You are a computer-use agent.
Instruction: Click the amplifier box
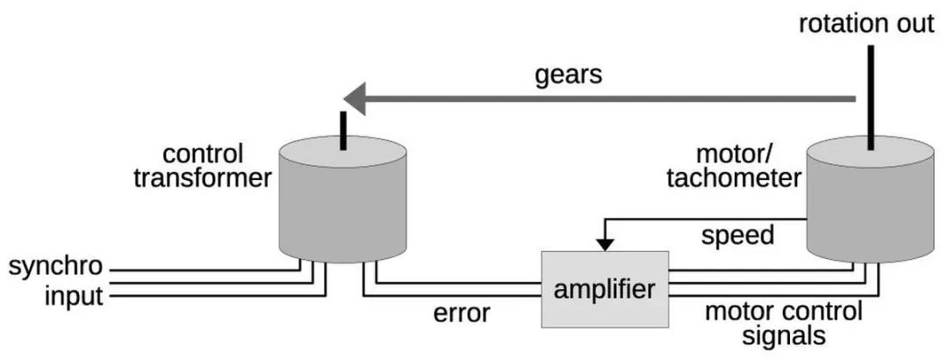pos(605,289)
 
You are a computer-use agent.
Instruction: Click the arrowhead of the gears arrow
pos(355,98)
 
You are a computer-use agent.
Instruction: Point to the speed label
pos(737,236)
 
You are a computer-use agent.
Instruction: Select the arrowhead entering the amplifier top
pos(605,244)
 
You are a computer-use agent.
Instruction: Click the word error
pos(462,313)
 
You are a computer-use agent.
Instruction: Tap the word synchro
pos(55,266)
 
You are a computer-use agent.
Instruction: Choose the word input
pos(74,298)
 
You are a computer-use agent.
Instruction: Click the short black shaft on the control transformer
pos(343,130)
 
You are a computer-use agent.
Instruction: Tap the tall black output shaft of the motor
pos(871,97)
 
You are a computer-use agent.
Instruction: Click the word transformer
pos(203,179)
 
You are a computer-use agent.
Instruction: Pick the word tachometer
pos(734,179)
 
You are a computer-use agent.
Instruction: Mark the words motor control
pos(784,313)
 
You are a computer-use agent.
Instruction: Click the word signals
pos(784,335)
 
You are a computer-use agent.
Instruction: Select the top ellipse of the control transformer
pos(343,151)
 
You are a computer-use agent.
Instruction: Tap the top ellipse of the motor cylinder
pos(871,151)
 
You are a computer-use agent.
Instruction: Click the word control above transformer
pos(203,155)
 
